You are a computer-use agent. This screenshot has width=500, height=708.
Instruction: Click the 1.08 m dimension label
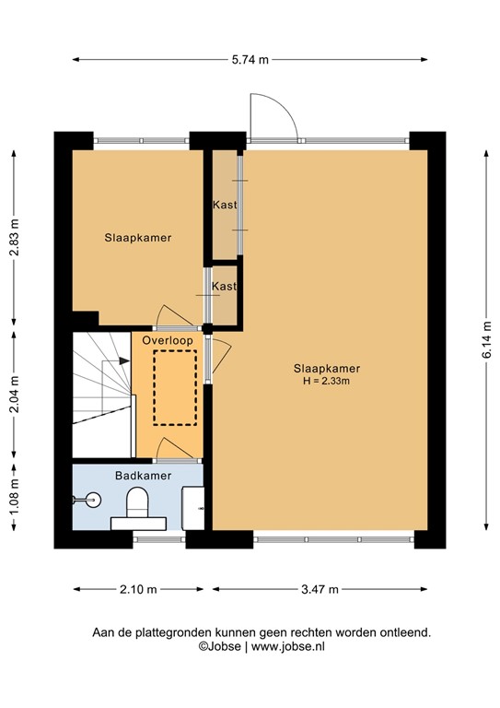click(x=14, y=495)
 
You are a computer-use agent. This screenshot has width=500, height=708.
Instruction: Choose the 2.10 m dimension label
click(x=138, y=589)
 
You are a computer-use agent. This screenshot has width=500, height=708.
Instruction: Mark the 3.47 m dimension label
click(x=320, y=589)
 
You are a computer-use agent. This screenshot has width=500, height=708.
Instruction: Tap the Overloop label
click(x=168, y=340)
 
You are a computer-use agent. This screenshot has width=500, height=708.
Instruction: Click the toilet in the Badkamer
click(x=138, y=506)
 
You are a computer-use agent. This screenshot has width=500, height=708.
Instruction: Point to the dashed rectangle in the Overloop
click(x=175, y=387)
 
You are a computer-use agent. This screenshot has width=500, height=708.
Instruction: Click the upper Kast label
click(x=224, y=205)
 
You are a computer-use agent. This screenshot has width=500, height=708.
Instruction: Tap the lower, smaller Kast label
click(x=224, y=287)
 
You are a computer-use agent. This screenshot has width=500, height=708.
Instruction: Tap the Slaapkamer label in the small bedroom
click(x=137, y=238)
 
